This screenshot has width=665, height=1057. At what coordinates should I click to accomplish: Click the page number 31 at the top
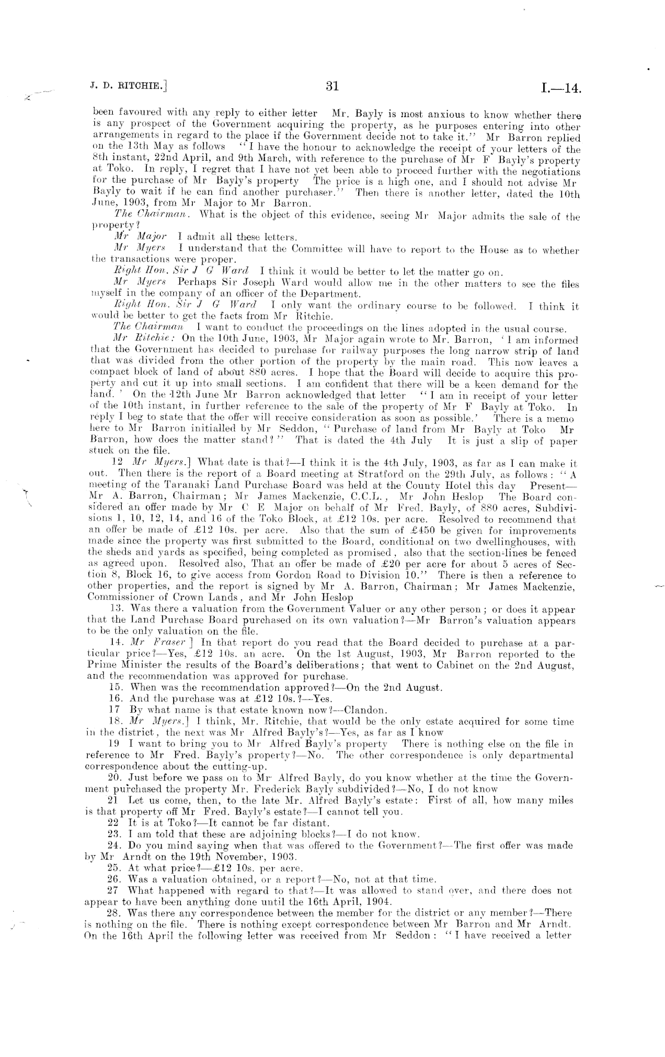[x=332, y=87]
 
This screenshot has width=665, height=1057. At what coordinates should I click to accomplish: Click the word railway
[x=386, y=351]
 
